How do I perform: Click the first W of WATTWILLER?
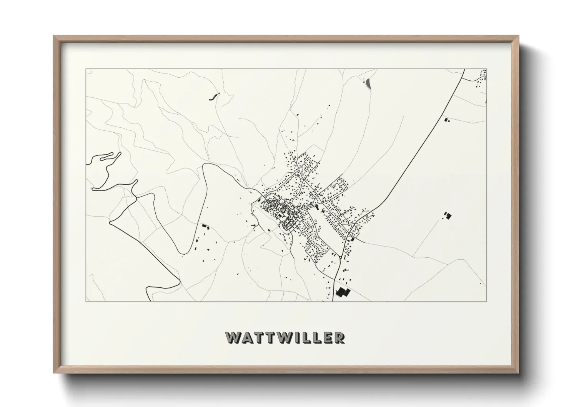(233, 337)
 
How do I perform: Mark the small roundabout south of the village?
(341, 257)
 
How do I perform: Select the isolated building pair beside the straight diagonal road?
(447, 120)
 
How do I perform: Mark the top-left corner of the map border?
(86, 69)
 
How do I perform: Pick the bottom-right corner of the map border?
(486, 301)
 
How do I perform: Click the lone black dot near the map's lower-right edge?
(481, 284)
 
